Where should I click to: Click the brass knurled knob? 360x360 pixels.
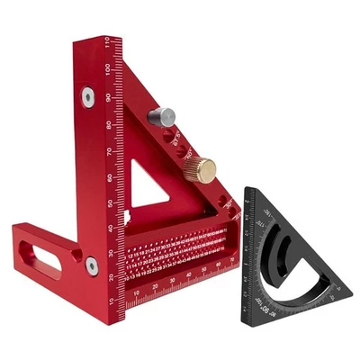(206, 168)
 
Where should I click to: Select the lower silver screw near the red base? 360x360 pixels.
(91, 265)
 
